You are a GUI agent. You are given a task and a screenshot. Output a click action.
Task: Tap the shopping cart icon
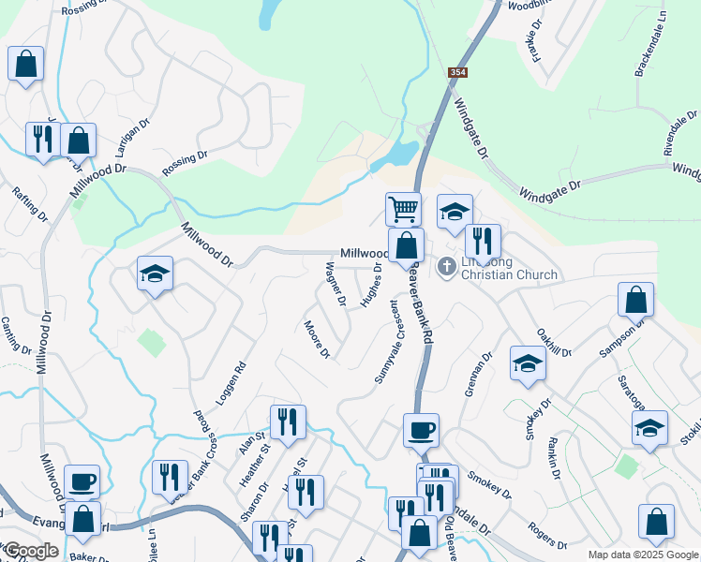pos(403,208)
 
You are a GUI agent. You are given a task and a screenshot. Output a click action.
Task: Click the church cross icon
pos(447,268)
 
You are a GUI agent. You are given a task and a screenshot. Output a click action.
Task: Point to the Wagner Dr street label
pos(336,284)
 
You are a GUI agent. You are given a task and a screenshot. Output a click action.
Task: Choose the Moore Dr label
pos(317,339)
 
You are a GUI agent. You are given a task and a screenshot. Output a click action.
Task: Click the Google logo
pos(31,551)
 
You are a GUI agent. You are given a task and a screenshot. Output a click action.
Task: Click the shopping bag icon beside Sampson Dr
pos(635,301)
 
